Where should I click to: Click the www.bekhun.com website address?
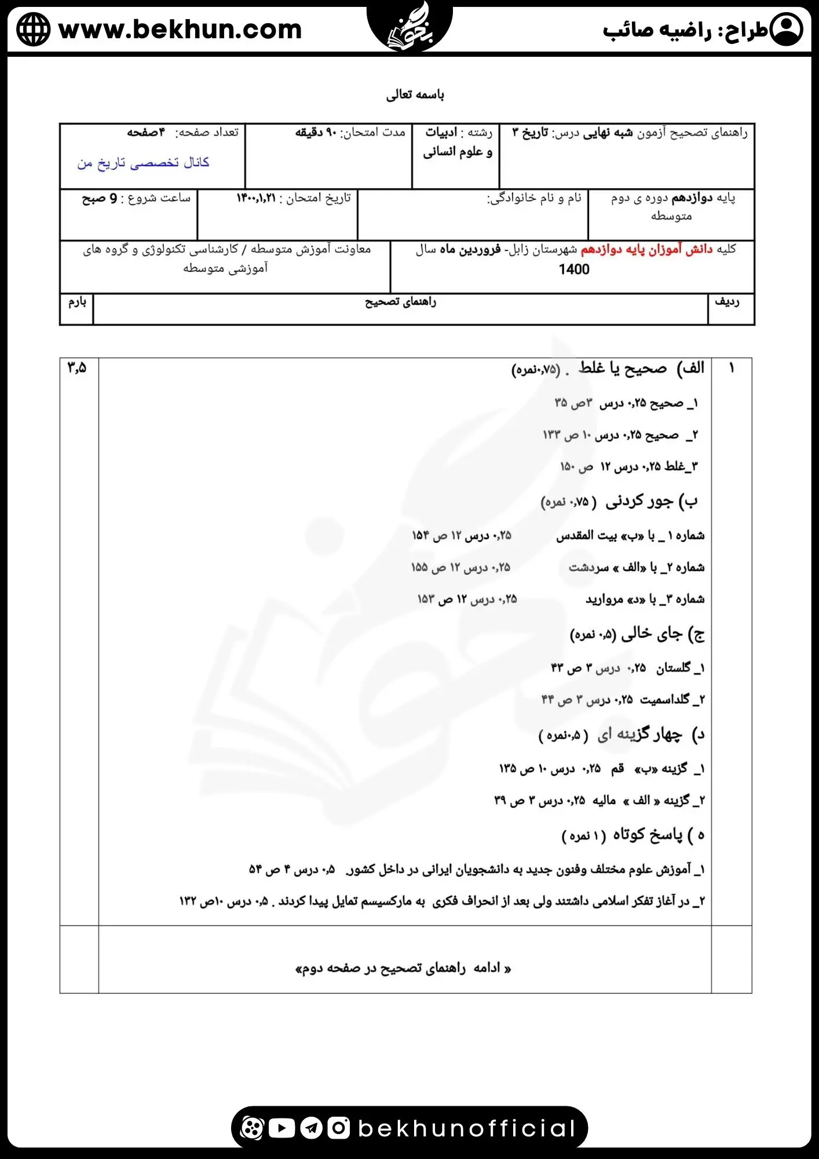[180, 30]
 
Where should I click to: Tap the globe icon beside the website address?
[34, 30]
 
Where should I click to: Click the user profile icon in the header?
[787, 30]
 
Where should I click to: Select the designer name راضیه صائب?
[657, 31]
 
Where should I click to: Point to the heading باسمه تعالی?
[415, 94]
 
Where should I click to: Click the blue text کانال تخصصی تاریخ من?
[143, 163]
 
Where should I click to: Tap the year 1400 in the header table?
[573, 269]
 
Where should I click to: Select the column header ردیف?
[727, 302]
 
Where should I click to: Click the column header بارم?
[77, 302]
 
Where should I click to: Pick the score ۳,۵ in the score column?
[76, 367]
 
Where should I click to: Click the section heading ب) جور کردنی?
[651, 502]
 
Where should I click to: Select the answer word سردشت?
[588, 567]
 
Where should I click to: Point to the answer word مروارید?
[603, 599]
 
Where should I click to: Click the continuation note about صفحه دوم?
[403, 968]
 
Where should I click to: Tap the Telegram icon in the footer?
[312, 1128]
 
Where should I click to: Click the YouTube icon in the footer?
[281, 1128]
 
